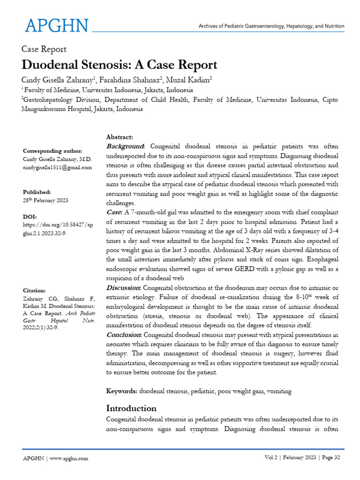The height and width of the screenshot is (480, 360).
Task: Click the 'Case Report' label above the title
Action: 44,49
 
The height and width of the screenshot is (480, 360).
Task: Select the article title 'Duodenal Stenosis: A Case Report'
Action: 120,64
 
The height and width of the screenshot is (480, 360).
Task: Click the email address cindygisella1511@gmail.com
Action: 58,167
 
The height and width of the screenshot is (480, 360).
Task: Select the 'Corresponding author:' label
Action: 52,151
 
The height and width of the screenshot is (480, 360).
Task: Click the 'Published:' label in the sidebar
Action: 37,192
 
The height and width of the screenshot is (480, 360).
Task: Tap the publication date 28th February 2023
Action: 45,201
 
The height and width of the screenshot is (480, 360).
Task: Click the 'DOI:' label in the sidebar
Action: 30,217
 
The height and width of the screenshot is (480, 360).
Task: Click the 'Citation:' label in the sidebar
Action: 34,291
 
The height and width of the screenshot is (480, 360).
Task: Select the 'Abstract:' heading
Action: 120,137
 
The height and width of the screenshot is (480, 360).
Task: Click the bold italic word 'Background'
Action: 125,146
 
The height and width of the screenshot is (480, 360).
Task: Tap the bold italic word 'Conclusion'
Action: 125,334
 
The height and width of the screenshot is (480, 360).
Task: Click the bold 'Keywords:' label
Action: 122,391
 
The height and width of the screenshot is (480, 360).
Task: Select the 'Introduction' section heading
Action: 131,408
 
